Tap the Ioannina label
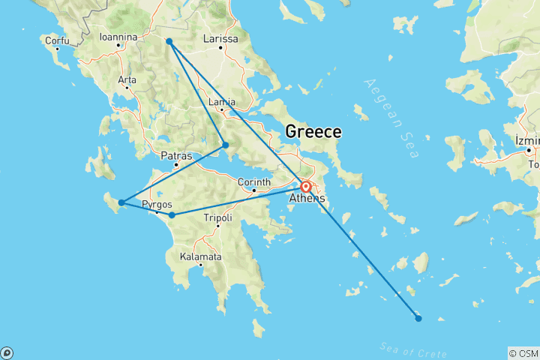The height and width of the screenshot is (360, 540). point(118,36)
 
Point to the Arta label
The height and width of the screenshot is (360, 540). point(126,79)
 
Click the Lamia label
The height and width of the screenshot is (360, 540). point(223,102)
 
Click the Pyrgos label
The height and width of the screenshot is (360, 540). point(157,204)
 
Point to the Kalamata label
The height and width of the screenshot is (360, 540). point(200,256)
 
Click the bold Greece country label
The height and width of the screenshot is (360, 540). point(313,132)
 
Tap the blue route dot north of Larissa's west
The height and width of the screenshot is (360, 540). point(169,41)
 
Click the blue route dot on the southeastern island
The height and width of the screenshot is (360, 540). point(418,319)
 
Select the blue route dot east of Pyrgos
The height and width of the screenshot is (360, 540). point(172,215)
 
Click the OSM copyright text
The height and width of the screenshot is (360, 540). point(523,353)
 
